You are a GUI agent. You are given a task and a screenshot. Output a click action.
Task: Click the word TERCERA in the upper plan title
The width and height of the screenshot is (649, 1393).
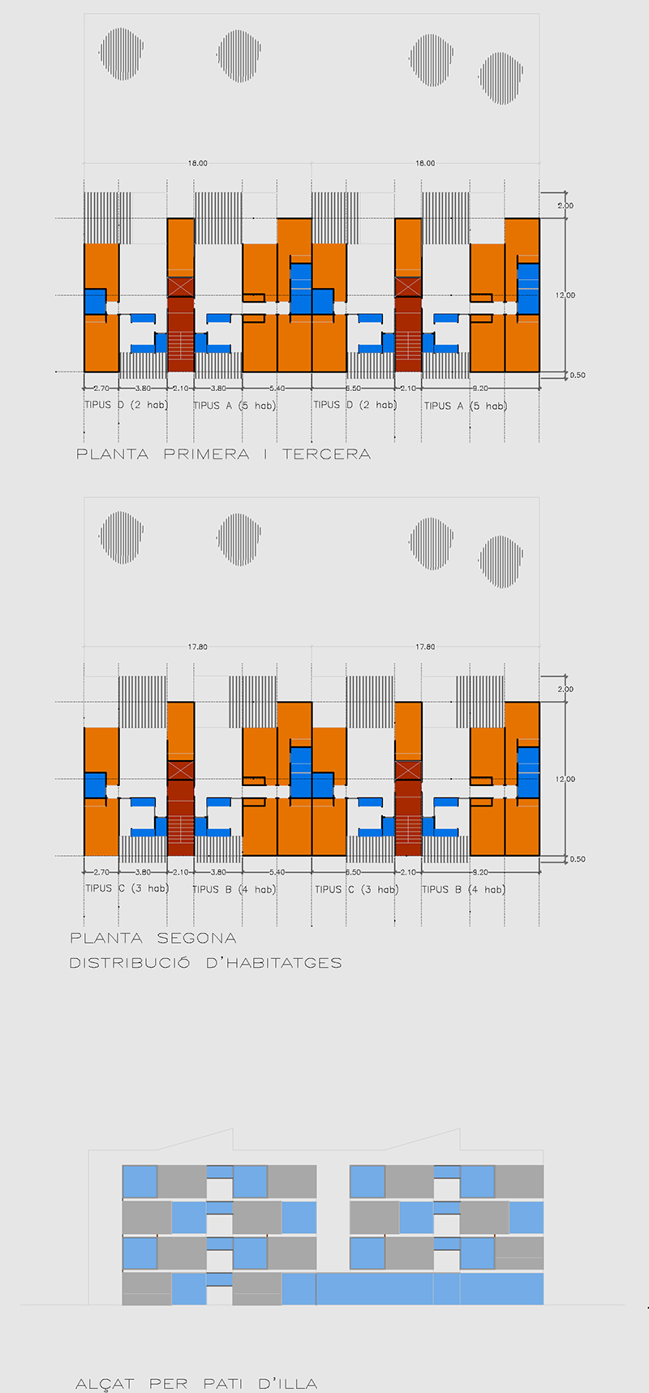(x=326, y=454)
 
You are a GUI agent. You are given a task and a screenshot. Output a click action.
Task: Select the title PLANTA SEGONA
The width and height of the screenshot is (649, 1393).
(x=153, y=938)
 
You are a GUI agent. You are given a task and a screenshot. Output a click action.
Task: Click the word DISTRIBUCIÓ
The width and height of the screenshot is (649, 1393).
(x=130, y=963)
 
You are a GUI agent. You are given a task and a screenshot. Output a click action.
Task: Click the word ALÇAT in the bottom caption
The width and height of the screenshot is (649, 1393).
(x=105, y=1384)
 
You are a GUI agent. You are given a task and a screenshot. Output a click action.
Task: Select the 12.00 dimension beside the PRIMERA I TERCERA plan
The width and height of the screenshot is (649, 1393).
(x=565, y=295)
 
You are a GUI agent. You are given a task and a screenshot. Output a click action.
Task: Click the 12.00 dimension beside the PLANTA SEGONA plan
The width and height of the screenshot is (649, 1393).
(x=565, y=779)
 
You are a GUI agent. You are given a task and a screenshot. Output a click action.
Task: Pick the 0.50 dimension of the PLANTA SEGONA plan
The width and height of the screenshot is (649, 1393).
(x=577, y=859)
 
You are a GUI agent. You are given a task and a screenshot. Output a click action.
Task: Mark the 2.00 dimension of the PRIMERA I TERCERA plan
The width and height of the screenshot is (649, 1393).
(x=565, y=206)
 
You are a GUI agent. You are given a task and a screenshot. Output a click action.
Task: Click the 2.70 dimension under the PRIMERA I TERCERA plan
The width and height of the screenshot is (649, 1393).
(x=101, y=389)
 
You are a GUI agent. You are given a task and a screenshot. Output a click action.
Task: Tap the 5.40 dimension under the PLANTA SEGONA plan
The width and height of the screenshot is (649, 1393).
(x=277, y=872)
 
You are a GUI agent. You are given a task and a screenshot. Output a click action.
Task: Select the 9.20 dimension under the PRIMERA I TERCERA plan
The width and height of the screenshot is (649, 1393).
(x=480, y=389)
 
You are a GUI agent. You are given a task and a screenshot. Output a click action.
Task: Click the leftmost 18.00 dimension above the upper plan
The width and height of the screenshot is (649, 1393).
(x=198, y=163)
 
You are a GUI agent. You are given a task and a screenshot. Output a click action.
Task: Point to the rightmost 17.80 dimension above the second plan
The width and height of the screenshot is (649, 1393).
(x=425, y=647)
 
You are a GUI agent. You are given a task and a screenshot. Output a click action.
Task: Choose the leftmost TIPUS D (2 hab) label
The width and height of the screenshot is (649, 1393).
(x=126, y=405)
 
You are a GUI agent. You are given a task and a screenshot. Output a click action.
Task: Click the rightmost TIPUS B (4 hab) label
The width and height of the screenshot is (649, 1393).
(x=463, y=889)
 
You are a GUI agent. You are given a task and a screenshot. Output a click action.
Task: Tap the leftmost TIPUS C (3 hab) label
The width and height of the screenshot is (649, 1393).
(x=127, y=888)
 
